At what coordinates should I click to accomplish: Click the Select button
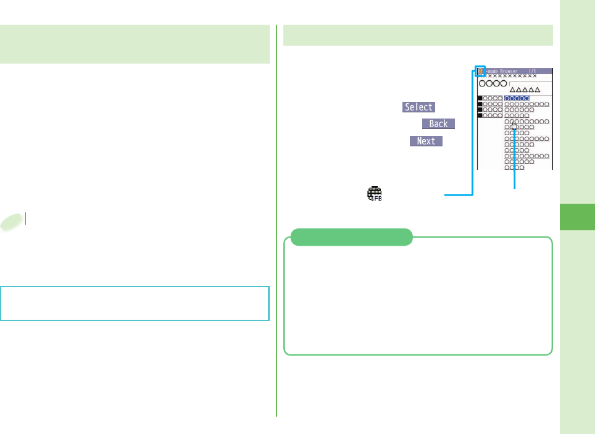(x=418, y=107)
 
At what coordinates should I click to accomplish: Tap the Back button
(x=438, y=123)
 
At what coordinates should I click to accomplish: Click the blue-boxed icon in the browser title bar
(x=480, y=71)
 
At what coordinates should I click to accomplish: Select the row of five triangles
(x=525, y=90)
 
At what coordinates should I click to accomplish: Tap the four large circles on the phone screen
(x=493, y=83)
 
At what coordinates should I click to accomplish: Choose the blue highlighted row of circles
(x=517, y=98)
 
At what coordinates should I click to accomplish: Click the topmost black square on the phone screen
(x=480, y=98)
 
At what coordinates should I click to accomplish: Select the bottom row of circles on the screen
(x=514, y=167)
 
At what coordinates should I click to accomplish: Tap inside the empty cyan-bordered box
(x=135, y=303)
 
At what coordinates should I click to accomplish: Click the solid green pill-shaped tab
(x=351, y=237)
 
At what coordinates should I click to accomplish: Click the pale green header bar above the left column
(x=135, y=44)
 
